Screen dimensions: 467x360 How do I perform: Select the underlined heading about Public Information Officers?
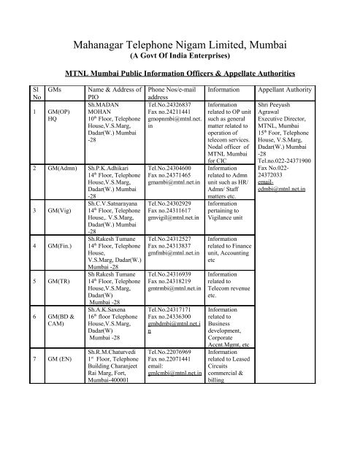179,73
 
